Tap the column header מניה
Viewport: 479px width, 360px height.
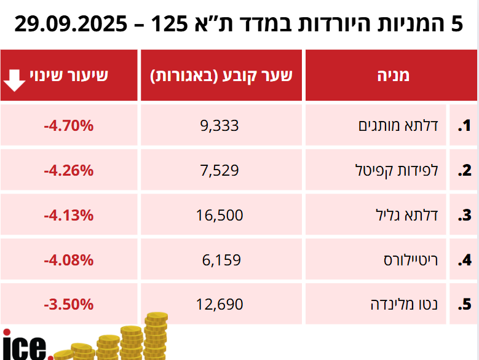[x=392, y=76]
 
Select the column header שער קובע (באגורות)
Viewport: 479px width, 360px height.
[x=221, y=76]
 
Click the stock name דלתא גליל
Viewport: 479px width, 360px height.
[x=406, y=215]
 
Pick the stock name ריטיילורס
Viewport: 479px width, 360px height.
[x=410, y=260]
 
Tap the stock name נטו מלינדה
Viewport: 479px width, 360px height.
[x=405, y=304]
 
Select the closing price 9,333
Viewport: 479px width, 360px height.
[x=220, y=126]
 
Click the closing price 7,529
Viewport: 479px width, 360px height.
[x=220, y=170]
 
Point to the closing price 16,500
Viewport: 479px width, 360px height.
[x=220, y=215]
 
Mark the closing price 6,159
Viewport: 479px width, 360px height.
[x=221, y=260]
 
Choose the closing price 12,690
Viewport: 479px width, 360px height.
[x=220, y=304]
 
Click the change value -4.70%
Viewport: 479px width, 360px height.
[x=68, y=126]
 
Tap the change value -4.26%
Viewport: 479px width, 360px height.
[x=68, y=170]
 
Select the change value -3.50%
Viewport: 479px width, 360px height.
[x=68, y=304]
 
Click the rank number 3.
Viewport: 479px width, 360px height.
[x=464, y=216]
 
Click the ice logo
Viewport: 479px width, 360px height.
[x=25, y=346]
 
